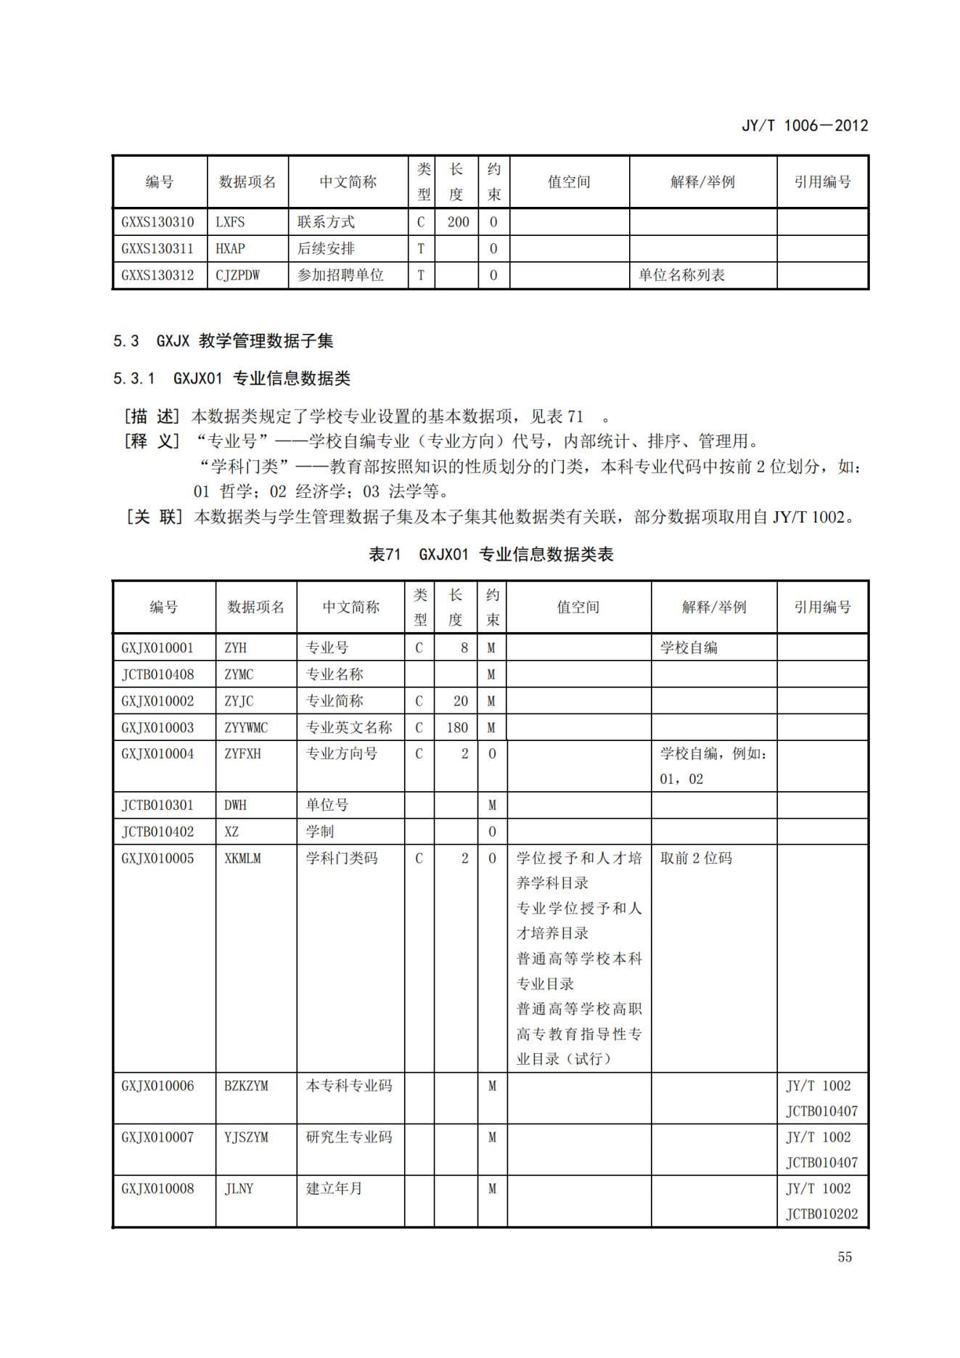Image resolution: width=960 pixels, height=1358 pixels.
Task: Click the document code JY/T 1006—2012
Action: tap(804, 126)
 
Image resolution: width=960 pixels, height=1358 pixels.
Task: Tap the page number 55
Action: tap(845, 1257)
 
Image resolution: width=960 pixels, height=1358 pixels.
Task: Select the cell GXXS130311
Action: tap(157, 249)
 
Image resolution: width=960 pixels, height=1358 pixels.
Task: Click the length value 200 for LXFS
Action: tap(458, 222)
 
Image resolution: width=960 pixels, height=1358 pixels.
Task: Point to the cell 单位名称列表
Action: tap(681, 276)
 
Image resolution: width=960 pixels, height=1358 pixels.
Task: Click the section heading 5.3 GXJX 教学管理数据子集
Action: tap(223, 341)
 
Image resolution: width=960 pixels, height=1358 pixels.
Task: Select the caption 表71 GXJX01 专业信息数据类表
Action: tap(491, 555)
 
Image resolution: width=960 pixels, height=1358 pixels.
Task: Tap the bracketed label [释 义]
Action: tap(152, 441)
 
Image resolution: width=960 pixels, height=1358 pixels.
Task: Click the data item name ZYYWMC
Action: tap(246, 727)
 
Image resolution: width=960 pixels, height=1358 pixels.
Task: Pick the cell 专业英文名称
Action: tap(349, 727)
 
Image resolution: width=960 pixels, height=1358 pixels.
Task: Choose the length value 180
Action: tap(457, 727)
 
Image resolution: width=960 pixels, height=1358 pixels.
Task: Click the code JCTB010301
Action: tap(157, 805)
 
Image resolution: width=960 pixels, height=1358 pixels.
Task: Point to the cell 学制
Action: tap(319, 832)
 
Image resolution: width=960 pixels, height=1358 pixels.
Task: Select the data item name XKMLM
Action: tap(242, 859)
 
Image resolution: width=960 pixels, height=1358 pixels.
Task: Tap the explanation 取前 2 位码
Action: tap(696, 859)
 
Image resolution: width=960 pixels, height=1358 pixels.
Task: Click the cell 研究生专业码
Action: tap(349, 1137)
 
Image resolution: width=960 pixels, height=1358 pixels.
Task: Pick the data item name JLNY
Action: tap(239, 1189)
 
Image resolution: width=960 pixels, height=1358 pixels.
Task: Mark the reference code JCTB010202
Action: tap(821, 1214)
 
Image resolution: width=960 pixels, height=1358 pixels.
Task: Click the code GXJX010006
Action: tap(157, 1086)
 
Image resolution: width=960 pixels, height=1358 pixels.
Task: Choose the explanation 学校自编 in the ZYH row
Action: tap(689, 647)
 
